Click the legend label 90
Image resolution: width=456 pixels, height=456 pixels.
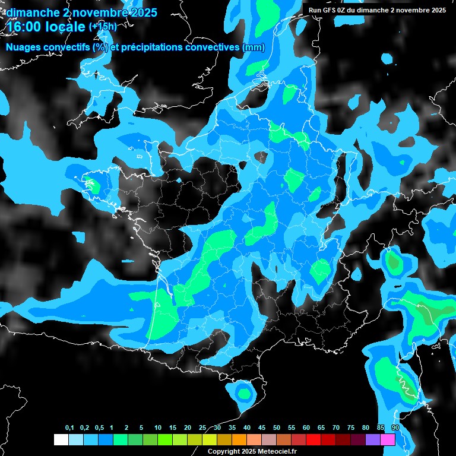tap(395, 428)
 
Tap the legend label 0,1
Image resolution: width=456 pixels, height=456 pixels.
tap(69, 428)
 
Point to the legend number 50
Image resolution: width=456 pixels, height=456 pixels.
tap(277, 428)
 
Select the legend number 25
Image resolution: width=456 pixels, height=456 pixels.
tap(202, 428)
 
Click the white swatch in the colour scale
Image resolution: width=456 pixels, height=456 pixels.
tap(61, 439)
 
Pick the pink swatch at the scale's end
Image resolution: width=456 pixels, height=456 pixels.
tap(388, 439)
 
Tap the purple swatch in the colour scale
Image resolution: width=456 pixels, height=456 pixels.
tap(373, 439)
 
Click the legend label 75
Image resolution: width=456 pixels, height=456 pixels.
tap(351, 428)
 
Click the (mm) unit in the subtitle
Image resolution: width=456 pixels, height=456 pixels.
tap(254, 48)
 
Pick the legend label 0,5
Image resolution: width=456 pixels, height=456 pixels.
tap(99, 428)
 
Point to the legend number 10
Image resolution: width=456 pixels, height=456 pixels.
tap(157, 428)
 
